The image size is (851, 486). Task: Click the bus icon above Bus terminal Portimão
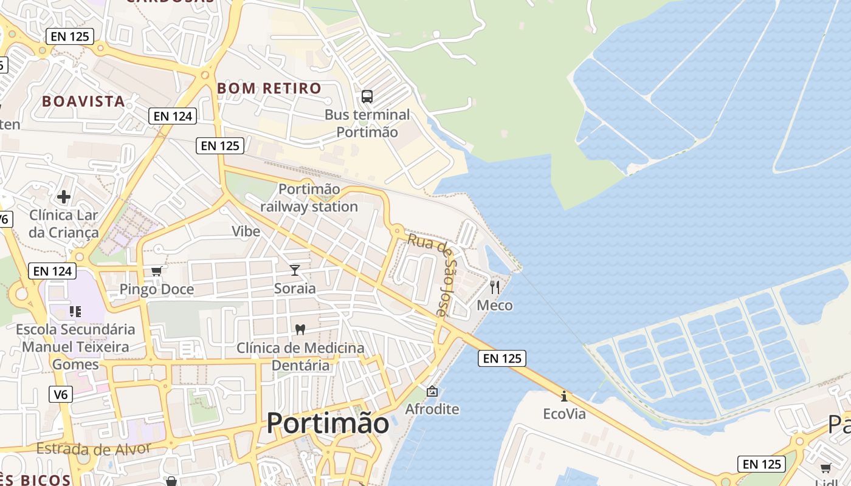(x=367, y=96)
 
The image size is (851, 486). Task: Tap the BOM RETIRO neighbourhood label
(x=269, y=88)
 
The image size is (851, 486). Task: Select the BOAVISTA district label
(x=83, y=101)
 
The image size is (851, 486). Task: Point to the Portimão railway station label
(x=309, y=198)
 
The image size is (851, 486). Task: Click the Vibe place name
(x=246, y=231)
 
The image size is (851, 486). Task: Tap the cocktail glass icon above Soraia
(x=295, y=270)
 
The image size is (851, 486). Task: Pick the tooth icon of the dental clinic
(x=299, y=329)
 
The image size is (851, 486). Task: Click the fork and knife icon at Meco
(x=495, y=287)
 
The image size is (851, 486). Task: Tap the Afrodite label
(x=432, y=409)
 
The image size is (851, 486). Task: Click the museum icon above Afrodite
(x=432, y=391)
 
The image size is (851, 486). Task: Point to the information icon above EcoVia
(x=564, y=396)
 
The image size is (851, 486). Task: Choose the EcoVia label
(x=564, y=414)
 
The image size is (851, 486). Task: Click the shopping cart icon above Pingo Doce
(x=157, y=271)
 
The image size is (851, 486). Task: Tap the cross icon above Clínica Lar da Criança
(x=64, y=197)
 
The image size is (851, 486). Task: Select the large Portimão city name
(x=328, y=423)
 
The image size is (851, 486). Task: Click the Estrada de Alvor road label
(x=93, y=449)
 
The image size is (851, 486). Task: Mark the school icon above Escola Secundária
(x=75, y=312)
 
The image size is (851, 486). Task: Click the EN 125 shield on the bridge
(x=501, y=358)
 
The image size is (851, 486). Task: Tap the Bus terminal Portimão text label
(x=367, y=123)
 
